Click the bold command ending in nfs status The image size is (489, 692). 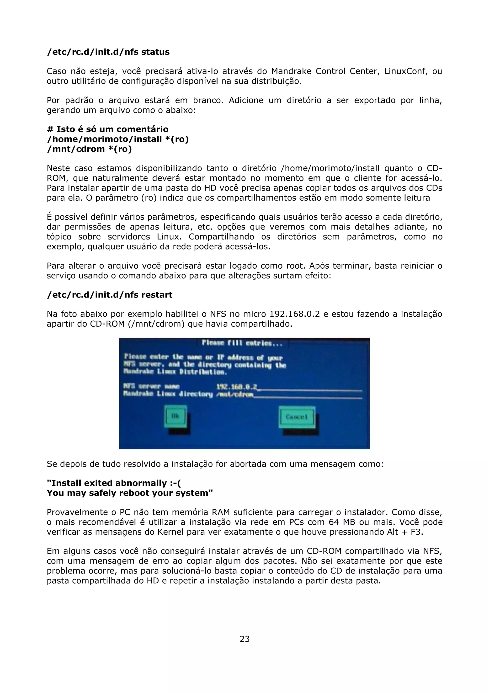pos(108,52)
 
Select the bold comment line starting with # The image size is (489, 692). pos(107,129)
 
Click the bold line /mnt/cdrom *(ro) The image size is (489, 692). pos(89,149)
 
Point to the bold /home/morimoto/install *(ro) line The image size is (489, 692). pos(117,139)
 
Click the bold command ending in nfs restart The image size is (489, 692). pos(109,295)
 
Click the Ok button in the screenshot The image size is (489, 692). pos(175,416)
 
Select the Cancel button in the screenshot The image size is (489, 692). pos(297,417)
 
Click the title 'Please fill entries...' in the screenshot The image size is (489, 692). pos(242,343)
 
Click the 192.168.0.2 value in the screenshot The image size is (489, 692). pos(237,386)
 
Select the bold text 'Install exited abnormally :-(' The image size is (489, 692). pos(114,483)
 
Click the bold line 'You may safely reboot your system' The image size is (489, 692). pos(130,493)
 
